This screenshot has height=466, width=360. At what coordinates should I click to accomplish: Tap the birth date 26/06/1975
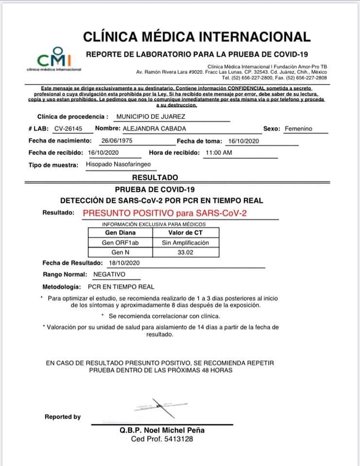117,141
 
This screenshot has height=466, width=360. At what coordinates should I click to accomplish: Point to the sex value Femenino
298,129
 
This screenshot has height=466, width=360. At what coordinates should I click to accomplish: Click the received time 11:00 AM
219,153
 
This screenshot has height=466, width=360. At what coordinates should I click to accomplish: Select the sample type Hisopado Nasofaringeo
118,165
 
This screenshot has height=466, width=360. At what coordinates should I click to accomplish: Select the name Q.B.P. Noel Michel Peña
162,430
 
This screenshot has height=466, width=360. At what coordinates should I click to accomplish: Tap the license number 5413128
177,439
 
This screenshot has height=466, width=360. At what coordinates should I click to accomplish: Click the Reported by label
63,417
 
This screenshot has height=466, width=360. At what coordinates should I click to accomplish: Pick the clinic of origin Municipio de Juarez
151,117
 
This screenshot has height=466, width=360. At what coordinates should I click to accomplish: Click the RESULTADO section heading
155,178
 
